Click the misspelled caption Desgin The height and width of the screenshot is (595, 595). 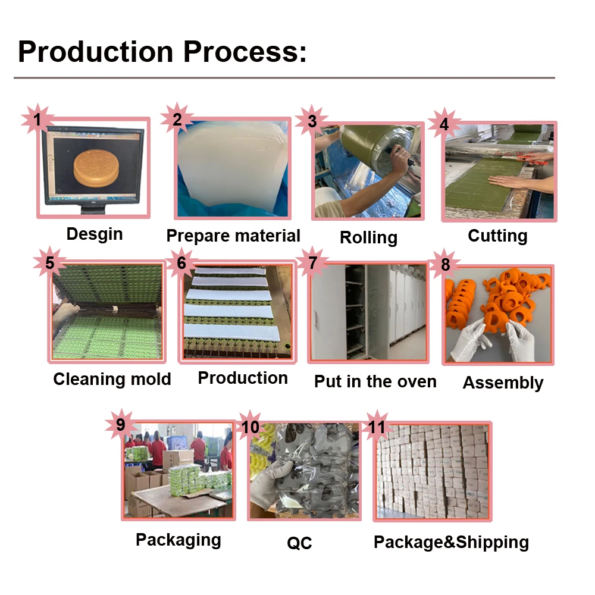95,234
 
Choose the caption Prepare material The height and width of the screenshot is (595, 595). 233,236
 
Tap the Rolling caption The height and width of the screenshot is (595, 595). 368,237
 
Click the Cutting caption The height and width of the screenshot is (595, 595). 497,236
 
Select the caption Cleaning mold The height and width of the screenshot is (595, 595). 112,379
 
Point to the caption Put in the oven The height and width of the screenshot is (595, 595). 375,381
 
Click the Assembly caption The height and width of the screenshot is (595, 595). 503,383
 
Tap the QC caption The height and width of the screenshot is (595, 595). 299,543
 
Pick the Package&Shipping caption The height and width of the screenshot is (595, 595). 451,542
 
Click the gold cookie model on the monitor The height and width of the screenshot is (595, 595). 96,167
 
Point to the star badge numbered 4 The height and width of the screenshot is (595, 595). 444,124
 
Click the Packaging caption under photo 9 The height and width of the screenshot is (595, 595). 178,540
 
